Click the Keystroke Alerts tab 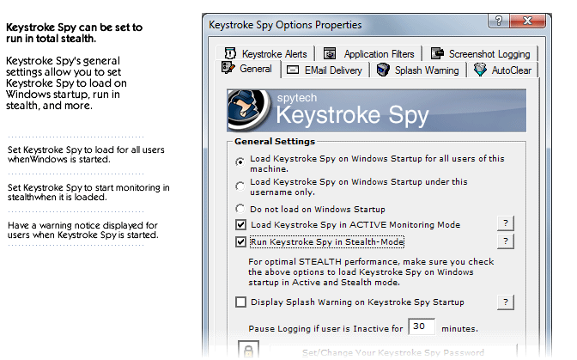click(x=265, y=53)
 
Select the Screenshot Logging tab click(x=480, y=53)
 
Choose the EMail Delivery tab click(x=324, y=70)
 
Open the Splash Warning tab click(x=418, y=70)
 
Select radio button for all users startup click(x=240, y=161)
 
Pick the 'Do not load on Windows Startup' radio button click(x=240, y=209)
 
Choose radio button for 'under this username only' click(x=240, y=186)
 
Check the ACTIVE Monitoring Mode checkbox click(x=241, y=225)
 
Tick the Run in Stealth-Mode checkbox click(x=241, y=242)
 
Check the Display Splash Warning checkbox click(x=241, y=302)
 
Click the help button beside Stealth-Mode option click(x=506, y=241)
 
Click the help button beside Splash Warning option click(x=506, y=302)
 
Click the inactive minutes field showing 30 click(x=421, y=327)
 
